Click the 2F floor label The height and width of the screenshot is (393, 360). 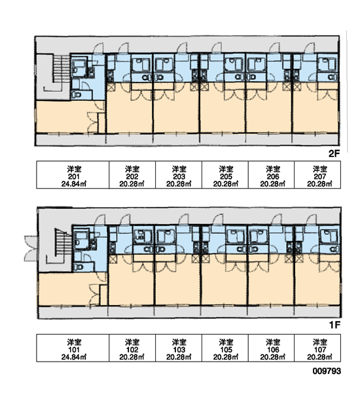334,153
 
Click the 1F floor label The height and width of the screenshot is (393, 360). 334,325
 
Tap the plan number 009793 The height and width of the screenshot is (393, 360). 327,371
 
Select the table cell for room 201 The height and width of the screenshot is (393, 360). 73,175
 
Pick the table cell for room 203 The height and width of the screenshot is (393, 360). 179,175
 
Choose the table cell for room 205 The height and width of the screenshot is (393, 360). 225,175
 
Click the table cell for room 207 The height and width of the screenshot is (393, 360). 317,175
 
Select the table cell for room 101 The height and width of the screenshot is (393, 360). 73,348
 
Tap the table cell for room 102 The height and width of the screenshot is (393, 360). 132,348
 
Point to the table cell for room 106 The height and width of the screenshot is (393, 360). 272,348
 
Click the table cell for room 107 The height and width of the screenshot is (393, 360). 317,348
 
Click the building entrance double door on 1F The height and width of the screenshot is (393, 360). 31,249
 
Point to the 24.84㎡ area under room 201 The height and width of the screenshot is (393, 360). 74,184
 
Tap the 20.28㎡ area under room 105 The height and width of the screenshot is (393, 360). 225,357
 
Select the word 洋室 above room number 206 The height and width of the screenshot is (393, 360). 273,169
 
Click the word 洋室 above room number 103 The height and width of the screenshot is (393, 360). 179,342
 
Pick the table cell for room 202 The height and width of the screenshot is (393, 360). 132,175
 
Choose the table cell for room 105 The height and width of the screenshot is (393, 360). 225,348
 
